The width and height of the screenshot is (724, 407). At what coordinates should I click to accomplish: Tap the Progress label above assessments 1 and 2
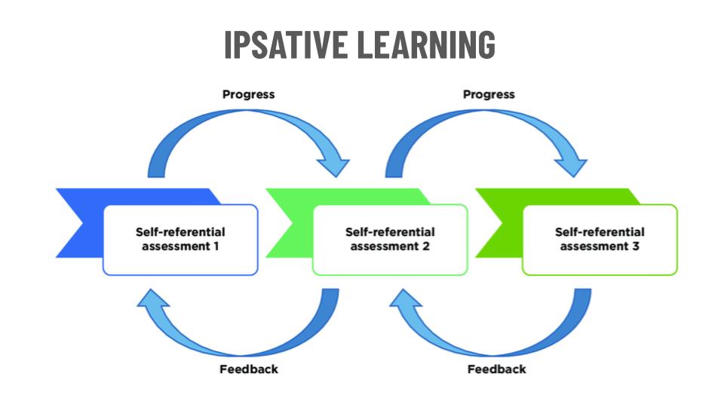point(248,94)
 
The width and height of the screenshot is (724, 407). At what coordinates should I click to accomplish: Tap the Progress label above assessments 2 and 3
point(489,94)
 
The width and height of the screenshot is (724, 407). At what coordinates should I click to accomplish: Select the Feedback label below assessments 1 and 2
point(248,369)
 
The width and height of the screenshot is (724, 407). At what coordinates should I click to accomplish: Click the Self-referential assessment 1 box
point(180,239)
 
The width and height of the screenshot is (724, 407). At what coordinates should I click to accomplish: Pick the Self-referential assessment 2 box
point(390,239)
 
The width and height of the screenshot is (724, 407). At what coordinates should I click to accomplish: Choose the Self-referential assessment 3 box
point(600,239)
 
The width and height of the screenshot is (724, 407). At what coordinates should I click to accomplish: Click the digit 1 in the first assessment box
point(216,246)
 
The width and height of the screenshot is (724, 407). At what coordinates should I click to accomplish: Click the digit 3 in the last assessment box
point(636,246)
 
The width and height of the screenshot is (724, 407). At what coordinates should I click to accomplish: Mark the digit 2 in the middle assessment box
point(426,246)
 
